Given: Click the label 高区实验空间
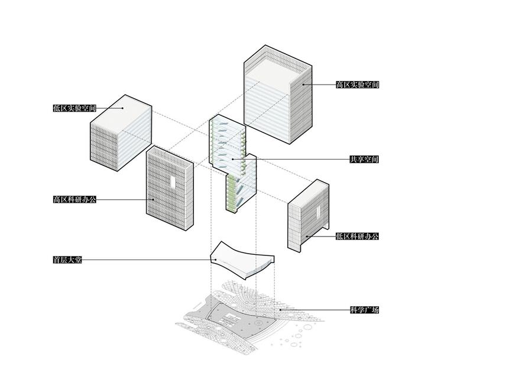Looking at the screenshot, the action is tap(357, 85).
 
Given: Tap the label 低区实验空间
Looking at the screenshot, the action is tap(74, 108).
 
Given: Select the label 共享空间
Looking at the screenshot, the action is tap(364, 159).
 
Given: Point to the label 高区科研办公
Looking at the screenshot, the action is tap(74, 199).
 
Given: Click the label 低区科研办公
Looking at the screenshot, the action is tap(357, 236).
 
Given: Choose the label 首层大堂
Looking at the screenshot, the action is tap(67, 260).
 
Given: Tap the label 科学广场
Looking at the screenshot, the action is tap(364, 310).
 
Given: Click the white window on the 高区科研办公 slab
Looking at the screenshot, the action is tap(173, 183).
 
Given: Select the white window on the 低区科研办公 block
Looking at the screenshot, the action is tap(318, 212).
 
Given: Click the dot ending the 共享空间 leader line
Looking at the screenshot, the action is tap(233, 159).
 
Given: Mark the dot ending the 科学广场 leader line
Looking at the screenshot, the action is tap(281, 310).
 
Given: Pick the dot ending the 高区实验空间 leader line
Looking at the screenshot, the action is tap(303, 85).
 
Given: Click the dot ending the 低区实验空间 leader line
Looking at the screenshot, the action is tap(122, 108).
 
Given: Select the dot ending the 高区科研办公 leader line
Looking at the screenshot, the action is tap(153, 199).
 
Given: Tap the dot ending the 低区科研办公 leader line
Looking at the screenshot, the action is tap(307, 236).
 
